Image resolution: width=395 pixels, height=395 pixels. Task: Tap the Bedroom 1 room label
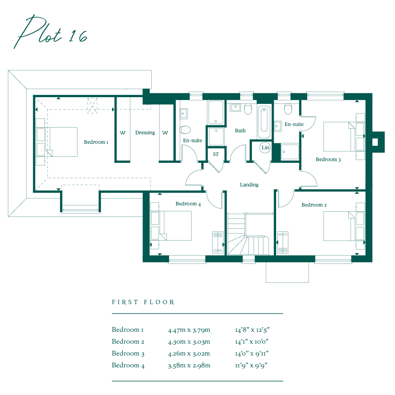[x=96, y=142]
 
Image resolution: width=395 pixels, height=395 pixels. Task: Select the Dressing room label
[x=145, y=133]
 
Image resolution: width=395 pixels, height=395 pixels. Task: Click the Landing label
[x=249, y=185]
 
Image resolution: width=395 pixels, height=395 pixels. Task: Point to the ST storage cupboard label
[x=216, y=154]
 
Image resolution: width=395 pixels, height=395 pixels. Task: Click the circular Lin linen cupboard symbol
[x=265, y=148]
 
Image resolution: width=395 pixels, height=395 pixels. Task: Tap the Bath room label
[x=240, y=131]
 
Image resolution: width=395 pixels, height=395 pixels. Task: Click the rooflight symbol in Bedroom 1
[x=92, y=105]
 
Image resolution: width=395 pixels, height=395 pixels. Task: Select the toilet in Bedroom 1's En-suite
[x=185, y=130]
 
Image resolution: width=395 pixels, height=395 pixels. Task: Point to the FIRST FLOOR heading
[x=143, y=302]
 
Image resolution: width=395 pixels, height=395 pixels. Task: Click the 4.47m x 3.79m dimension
[x=189, y=330]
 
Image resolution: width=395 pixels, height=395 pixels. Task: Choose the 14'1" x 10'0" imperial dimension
[x=252, y=342]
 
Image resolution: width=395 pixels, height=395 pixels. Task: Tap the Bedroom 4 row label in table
[x=128, y=365]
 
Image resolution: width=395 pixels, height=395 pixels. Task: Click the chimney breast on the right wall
[x=377, y=141]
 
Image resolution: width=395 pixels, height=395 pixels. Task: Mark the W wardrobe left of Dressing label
[x=122, y=133]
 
